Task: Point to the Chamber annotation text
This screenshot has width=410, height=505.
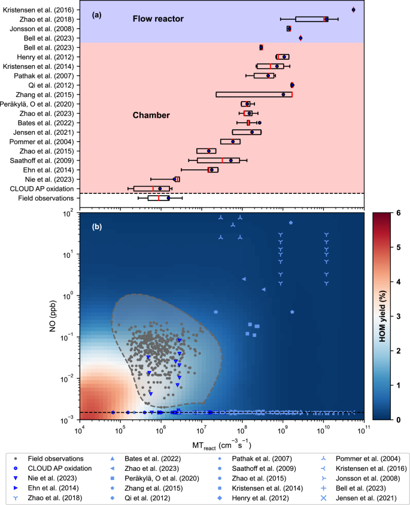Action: click(151, 114)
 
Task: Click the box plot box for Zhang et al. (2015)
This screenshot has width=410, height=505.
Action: click(254, 95)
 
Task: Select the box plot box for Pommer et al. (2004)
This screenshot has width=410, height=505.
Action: click(230, 142)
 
